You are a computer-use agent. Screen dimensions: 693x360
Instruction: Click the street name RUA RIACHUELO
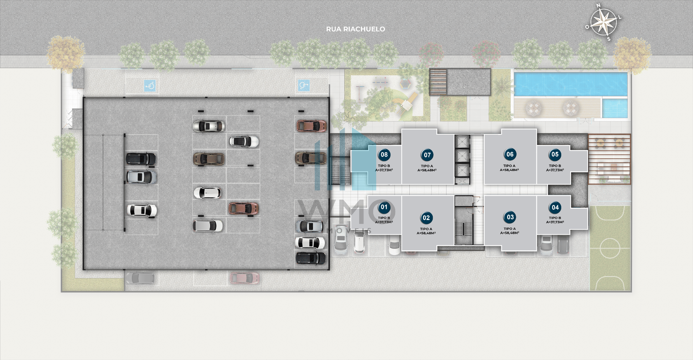(356, 29)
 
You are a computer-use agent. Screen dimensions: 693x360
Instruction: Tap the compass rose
(603, 22)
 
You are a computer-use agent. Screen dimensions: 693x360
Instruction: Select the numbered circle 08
(384, 155)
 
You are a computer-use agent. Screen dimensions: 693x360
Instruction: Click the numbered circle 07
(427, 155)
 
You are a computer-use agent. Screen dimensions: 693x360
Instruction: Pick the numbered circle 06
(510, 154)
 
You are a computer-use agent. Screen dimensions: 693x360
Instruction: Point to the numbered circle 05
(555, 154)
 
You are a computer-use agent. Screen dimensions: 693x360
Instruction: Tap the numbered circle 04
(555, 207)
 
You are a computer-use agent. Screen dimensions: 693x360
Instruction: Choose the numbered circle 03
(510, 217)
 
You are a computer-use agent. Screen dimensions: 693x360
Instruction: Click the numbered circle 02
(426, 218)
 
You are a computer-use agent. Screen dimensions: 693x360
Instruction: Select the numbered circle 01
(384, 207)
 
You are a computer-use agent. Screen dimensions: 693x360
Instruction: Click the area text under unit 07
(427, 170)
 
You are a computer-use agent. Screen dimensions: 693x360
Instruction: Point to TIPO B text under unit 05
(555, 166)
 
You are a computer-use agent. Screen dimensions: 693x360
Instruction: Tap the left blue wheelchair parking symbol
(150, 86)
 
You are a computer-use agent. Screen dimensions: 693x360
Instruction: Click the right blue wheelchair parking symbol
(304, 86)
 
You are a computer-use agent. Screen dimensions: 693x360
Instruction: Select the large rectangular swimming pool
(571, 84)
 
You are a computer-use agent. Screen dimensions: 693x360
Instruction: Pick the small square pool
(615, 108)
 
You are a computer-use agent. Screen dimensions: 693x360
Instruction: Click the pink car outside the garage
(245, 278)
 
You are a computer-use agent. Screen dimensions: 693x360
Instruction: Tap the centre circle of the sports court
(610, 248)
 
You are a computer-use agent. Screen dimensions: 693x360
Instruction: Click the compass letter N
(598, 5)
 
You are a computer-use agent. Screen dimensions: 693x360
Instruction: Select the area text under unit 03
(510, 233)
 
